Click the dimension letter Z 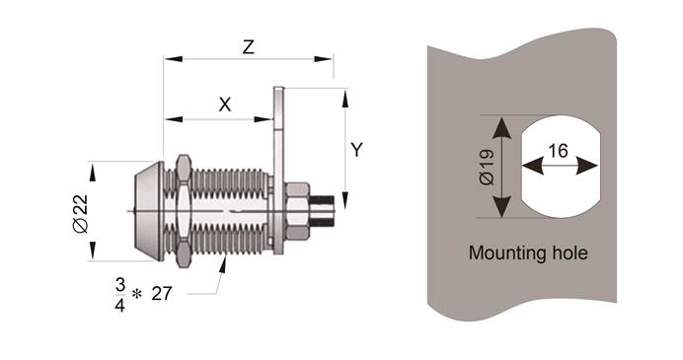249,47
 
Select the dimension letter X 225,105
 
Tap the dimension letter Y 356,150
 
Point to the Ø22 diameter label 81,214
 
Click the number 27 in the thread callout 162,293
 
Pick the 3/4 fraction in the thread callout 120,295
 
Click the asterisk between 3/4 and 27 137,295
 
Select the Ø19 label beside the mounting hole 487,167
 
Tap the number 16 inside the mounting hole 558,151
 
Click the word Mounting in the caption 502,252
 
